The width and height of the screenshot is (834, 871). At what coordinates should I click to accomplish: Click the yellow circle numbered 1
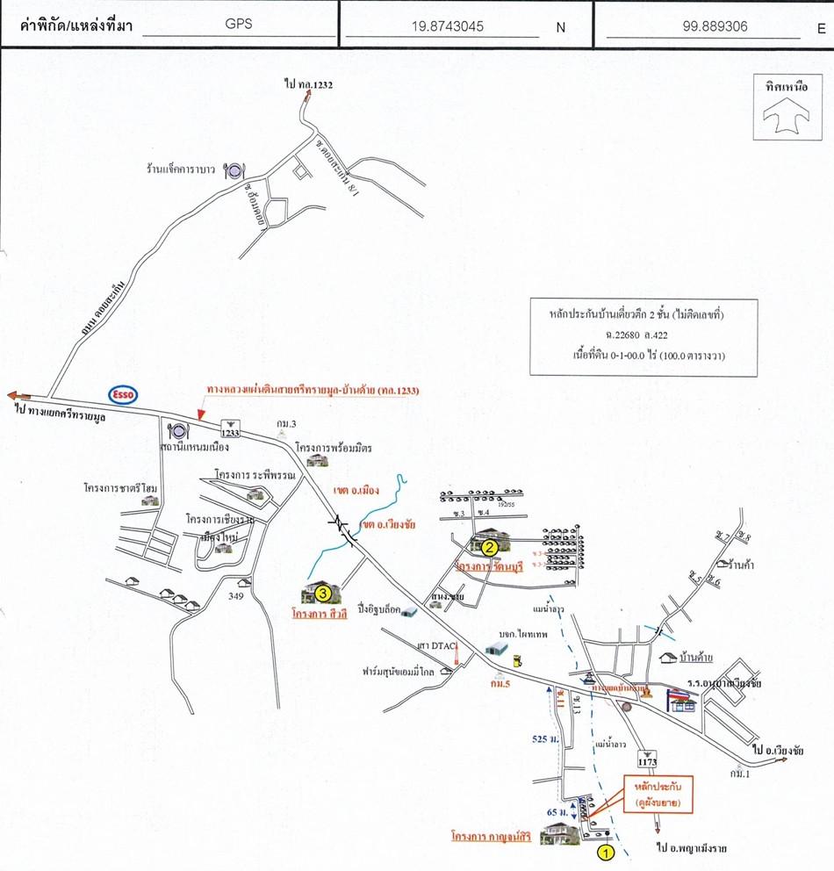[605, 851]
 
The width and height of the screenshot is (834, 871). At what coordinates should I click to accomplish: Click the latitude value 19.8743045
[447, 25]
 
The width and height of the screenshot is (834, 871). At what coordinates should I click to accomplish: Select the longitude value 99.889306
[715, 25]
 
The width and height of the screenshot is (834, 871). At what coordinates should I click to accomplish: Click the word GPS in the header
[238, 25]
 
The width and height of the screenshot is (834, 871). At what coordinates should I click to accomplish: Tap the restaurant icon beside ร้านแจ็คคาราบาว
[234, 169]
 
